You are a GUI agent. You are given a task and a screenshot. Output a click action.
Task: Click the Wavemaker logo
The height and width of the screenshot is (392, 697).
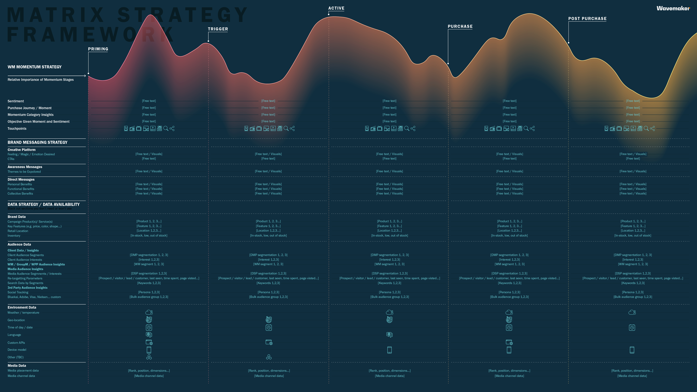673,8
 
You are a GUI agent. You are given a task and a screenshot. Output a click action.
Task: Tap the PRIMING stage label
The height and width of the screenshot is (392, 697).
98,49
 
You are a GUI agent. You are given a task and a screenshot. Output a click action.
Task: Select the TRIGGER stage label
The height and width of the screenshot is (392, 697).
218,29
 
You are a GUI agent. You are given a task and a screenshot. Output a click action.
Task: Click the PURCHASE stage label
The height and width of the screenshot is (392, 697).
460,26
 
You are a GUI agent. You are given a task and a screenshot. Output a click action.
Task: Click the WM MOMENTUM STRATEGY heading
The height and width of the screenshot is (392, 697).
35,67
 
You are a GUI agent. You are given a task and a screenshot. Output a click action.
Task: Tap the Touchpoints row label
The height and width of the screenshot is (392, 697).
17,128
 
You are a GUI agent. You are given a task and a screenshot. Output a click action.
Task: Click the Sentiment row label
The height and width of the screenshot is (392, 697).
16,101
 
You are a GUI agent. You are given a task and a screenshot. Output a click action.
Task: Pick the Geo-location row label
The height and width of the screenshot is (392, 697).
16,320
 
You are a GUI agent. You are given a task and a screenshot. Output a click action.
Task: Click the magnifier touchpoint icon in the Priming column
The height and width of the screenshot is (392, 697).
166,128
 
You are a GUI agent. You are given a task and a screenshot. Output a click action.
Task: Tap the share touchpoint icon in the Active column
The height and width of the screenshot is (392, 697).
413,128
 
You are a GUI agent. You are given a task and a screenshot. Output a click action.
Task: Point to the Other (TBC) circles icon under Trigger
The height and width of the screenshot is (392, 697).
269,357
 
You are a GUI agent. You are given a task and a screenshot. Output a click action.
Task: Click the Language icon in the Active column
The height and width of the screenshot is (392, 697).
389,335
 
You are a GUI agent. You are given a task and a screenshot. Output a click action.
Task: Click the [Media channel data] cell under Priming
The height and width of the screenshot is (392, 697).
149,376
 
